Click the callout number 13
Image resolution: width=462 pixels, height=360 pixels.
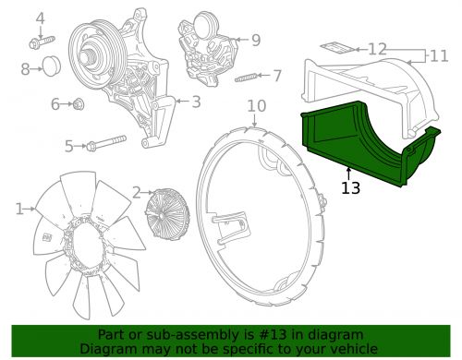(350, 188)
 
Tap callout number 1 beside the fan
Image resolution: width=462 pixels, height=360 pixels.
(19, 210)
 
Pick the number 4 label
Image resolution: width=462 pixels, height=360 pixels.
(40, 18)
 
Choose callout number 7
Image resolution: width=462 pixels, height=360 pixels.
(277, 76)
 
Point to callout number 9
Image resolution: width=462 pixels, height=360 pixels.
(255, 40)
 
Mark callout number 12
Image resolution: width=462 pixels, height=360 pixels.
(377, 48)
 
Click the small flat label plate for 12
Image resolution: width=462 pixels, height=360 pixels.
(336, 46)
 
